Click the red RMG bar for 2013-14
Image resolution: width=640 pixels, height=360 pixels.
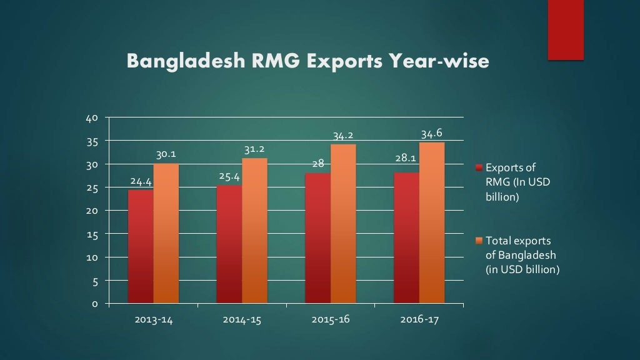point(141,247)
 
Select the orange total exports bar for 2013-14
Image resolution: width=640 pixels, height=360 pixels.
point(166,234)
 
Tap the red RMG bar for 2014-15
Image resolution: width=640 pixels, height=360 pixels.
point(229,244)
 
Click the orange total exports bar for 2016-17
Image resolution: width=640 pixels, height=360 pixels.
point(432,223)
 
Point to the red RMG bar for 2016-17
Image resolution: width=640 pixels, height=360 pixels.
point(407,238)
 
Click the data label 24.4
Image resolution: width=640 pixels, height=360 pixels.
point(141,182)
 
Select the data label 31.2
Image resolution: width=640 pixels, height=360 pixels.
point(254,149)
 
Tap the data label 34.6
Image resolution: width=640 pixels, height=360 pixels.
point(432,134)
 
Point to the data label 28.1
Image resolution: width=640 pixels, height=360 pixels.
point(406,159)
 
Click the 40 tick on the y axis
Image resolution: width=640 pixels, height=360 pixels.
point(92,118)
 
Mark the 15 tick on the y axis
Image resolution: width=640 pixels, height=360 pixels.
point(92,234)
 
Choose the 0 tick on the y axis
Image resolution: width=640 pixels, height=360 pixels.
point(94,304)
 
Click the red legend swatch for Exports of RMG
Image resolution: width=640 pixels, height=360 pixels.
point(479,168)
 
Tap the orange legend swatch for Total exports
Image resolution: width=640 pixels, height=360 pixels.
point(479,241)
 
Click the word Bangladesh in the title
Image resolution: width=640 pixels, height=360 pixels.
point(177,62)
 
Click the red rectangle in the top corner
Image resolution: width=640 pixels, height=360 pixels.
point(566,29)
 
